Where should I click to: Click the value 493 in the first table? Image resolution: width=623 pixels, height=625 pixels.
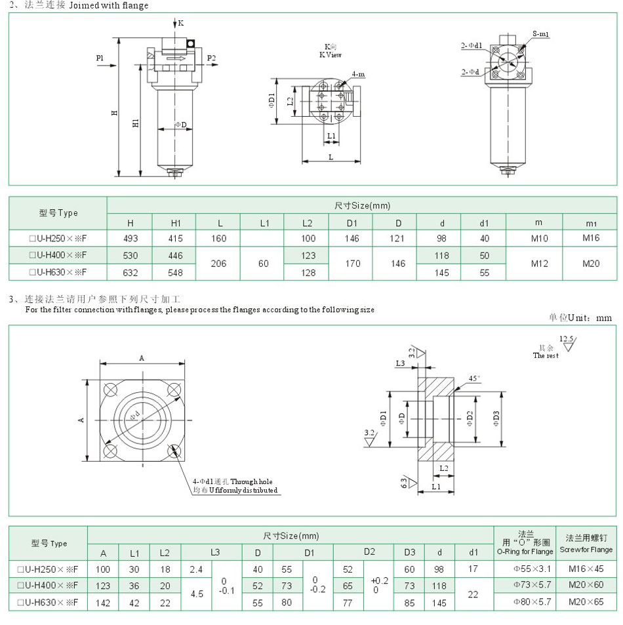coord(130,239)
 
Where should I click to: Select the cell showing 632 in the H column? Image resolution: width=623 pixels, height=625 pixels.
coord(130,272)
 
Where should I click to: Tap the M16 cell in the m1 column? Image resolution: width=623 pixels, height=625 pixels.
coord(590,239)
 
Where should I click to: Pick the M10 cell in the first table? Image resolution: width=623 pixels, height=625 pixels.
coord(538,239)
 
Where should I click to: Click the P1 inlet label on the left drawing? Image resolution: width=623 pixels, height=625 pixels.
coord(100,58)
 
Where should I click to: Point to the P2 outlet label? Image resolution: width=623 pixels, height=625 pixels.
coord(211,58)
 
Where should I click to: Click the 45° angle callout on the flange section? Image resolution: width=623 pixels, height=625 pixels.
coord(473,378)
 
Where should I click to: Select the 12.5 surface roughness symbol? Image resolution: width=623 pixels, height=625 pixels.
coord(566,339)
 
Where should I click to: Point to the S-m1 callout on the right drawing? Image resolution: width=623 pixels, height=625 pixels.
coord(540,33)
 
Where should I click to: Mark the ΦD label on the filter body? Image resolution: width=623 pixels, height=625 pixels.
coord(180,125)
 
